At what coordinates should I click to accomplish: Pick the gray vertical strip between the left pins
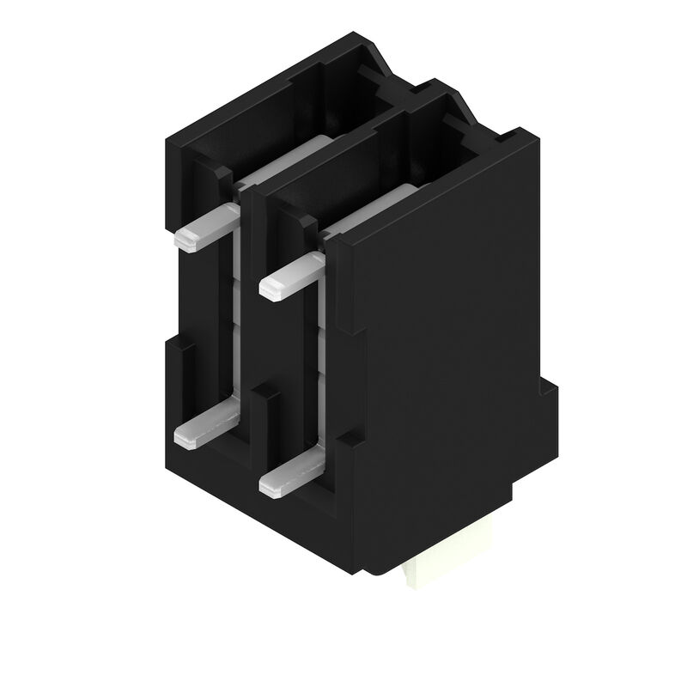(x=230, y=326)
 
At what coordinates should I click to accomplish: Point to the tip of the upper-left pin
(x=182, y=241)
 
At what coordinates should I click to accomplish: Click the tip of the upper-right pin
(x=269, y=290)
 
